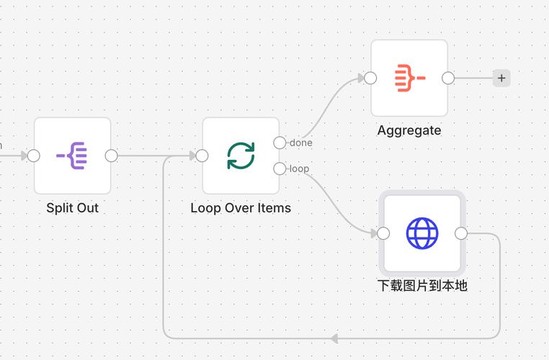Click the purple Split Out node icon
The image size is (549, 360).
(x=72, y=156)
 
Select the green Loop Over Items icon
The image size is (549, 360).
(x=241, y=156)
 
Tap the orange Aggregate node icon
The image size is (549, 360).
(x=409, y=78)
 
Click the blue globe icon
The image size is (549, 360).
(x=422, y=233)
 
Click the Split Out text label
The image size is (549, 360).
(x=72, y=208)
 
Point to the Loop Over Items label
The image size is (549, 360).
(x=241, y=208)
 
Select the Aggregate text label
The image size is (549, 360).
(x=409, y=130)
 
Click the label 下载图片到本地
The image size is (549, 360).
(x=422, y=286)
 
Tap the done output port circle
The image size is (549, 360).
(x=280, y=143)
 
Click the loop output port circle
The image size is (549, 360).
(x=280, y=168)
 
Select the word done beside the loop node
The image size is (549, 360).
(x=301, y=143)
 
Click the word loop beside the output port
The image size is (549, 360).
(x=299, y=168)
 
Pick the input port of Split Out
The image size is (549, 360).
(x=33, y=156)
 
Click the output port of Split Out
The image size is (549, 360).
(x=111, y=156)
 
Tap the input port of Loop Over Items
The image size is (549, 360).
(x=202, y=156)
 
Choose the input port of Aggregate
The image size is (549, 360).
(x=370, y=78)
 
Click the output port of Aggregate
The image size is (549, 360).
(x=448, y=78)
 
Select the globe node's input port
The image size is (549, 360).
(x=383, y=233)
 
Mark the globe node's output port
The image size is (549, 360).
(x=461, y=233)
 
